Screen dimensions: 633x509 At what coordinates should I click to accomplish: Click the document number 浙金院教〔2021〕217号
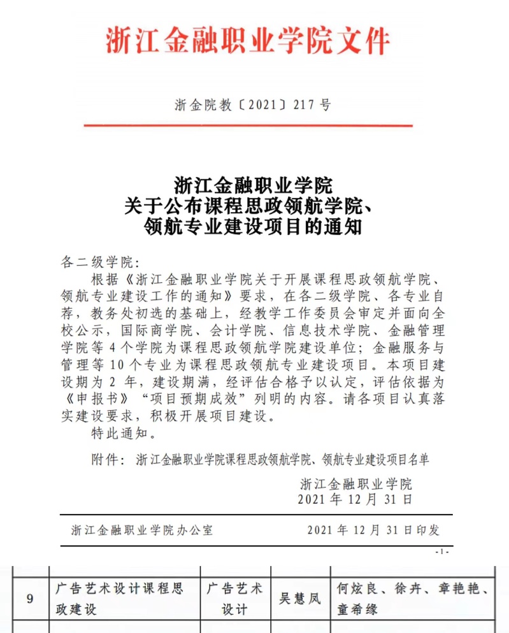click(252, 106)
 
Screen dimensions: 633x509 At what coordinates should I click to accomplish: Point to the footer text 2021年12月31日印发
click(373, 530)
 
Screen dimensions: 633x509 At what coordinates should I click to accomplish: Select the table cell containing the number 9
click(30, 599)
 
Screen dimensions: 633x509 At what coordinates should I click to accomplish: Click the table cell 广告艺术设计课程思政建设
click(119, 599)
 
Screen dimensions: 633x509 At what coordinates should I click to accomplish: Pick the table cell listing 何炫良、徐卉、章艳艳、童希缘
click(412, 599)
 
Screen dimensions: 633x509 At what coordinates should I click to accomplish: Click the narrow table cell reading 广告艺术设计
click(234, 599)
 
